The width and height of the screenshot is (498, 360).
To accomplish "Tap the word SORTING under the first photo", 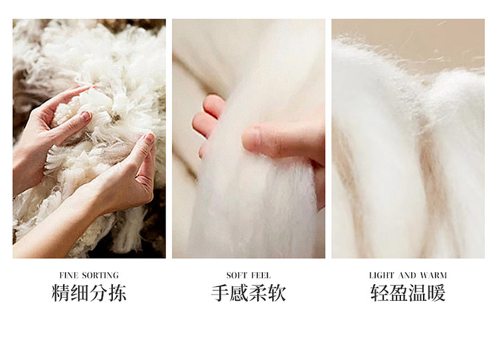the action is (x=100, y=275).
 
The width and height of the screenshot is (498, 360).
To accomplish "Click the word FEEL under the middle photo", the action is (x=261, y=275).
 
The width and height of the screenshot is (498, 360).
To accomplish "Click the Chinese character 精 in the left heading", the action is (x=60, y=293).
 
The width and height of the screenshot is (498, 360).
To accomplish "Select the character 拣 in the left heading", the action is (x=118, y=293).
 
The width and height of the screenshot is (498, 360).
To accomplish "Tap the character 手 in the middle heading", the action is (x=220, y=293).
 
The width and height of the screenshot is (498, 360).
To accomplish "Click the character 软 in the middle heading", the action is (x=277, y=293).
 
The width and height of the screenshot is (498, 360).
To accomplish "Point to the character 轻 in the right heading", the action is (x=380, y=293).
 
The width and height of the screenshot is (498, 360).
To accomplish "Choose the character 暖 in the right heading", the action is (x=437, y=293).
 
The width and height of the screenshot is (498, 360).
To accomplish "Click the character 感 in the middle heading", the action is (x=239, y=293).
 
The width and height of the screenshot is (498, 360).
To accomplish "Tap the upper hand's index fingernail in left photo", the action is (x=85, y=116).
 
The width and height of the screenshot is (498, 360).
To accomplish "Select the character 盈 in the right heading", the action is (x=398, y=293).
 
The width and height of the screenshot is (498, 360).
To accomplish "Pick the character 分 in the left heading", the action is (x=98, y=293).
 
